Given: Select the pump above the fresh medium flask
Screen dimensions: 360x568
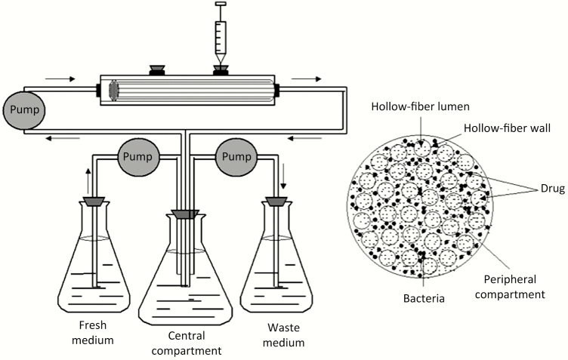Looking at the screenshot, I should click(x=139, y=158).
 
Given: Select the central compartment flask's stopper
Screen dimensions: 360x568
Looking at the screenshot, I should click(x=181, y=215).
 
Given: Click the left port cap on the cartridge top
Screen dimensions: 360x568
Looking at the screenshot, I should click(x=159, y=70).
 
